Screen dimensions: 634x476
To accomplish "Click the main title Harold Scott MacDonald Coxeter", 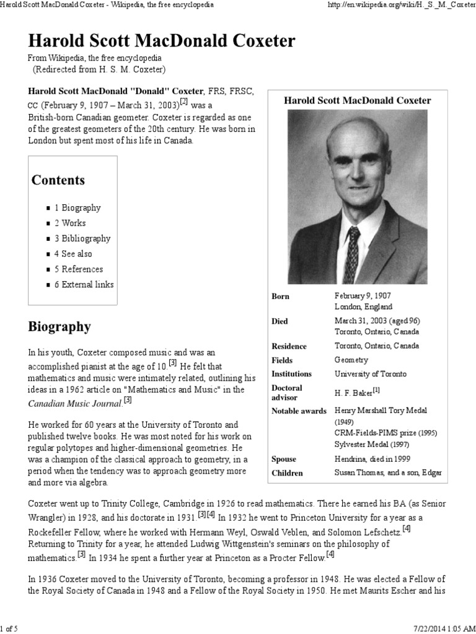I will pyautogui.click(x=161, y=41).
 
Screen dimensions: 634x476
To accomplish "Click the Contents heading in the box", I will pyautogui.click(x=58, y=180).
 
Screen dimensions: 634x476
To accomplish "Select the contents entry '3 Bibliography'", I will pyautogui.click(x=82, y=238).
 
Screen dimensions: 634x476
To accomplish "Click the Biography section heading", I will pyautogui.click(x=59, y=326).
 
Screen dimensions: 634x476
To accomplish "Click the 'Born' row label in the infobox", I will pyautogui.click(x=280, y=297).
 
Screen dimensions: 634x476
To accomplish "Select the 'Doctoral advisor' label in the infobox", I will pyautogui.click(x=287, y=392).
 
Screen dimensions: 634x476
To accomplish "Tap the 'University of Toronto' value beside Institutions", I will pyautogui.click(x=371, y=374).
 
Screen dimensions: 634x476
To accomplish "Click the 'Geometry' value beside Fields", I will pyautogui.click(x=351, y=360).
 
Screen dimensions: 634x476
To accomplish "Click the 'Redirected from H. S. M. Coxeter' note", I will pyautogui.click(x=99, y=69).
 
